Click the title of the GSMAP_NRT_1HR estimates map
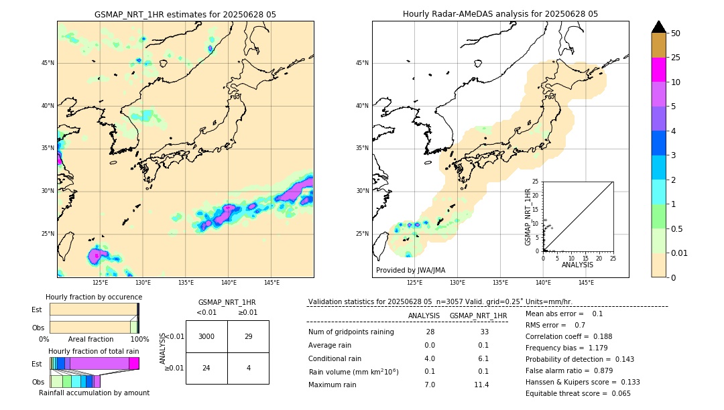pos(185,14)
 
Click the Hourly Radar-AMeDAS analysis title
pos(500,14)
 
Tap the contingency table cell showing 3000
pos(206,336)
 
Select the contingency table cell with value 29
pos(248,336)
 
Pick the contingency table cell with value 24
pos(206,368)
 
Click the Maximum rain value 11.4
pos(481,385)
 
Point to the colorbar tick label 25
pos(676,58)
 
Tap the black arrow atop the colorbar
pos(659,27)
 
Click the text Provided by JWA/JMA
pos(410,271)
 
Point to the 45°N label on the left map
pos(48,63)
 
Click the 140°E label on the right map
pos(543,283)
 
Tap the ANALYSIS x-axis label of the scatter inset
pos(577,265)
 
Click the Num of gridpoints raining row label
pos(351,332)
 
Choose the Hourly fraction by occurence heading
pos(94,297)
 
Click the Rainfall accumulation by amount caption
pos(94,393)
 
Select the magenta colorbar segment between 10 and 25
pos(659,70)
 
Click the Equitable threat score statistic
pos(578,393)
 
